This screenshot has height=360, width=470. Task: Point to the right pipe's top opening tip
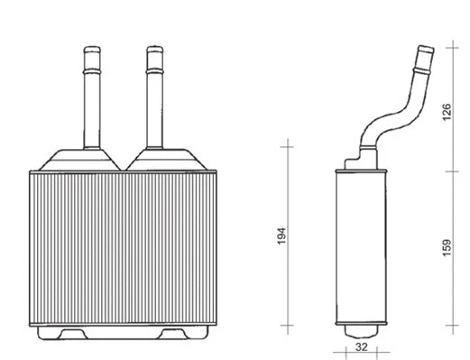click(x=152, y=49)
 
